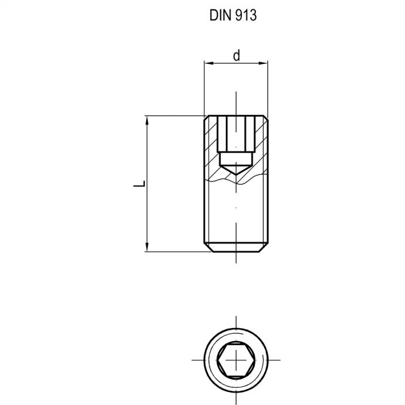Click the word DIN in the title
pos(220,16)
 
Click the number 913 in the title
pos(246,16)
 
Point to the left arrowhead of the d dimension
pos(207,63)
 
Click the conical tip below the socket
pos(235,171)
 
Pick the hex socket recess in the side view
pos(235,135)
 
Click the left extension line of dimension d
pos(204,88)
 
